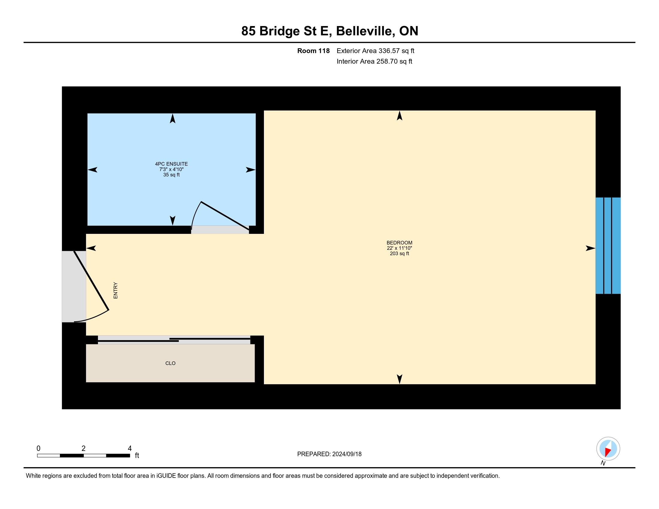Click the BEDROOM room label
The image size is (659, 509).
399,243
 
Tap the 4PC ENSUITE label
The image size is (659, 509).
171,164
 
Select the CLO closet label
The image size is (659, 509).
170,363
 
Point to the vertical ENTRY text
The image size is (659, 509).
116,291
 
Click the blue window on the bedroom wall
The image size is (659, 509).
608,246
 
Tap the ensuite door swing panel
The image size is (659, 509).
225,216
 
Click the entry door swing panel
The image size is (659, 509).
91,281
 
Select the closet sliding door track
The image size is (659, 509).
174,340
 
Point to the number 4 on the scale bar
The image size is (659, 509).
130,449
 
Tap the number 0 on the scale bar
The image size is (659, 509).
39,449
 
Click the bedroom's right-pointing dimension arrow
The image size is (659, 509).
590,249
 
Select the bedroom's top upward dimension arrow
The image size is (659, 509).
400,116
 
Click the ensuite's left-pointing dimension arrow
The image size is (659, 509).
93,170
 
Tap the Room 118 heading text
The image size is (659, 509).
314,51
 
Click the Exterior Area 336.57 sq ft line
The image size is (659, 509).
375,51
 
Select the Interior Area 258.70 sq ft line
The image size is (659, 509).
374,61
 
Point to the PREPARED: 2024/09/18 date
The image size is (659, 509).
329,454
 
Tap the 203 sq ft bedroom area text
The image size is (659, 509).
399,254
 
